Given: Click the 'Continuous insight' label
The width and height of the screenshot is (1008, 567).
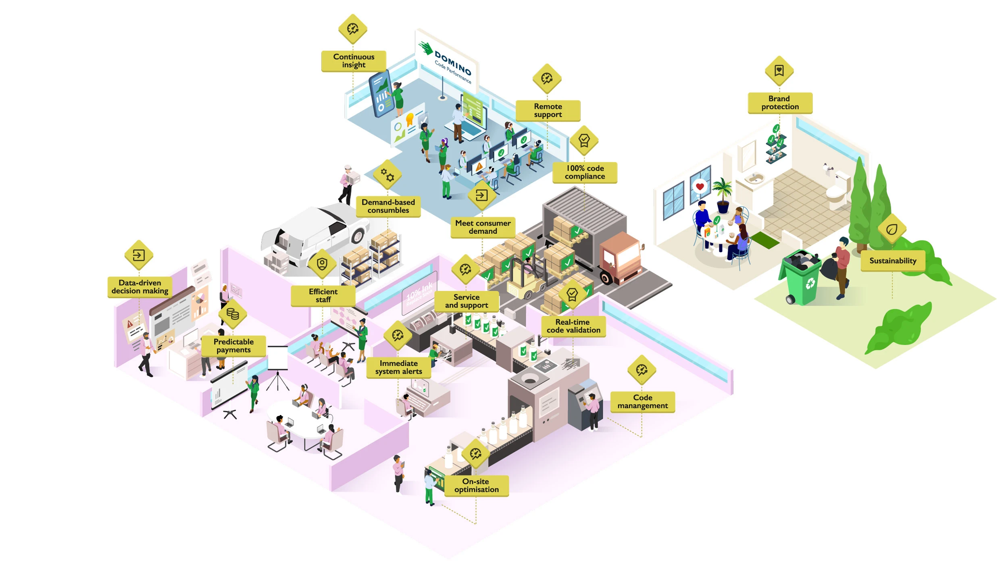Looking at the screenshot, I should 353,61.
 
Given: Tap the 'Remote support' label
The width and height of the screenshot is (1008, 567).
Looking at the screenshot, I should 548,110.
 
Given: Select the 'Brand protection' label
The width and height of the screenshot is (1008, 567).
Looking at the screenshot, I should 779,103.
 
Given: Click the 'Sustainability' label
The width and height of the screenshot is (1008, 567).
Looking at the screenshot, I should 892,261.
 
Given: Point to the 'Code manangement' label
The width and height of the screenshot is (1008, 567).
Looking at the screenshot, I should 642,402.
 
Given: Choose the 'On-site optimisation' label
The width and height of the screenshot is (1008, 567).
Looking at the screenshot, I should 476,486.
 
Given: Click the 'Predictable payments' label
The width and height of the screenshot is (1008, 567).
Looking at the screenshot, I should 233,346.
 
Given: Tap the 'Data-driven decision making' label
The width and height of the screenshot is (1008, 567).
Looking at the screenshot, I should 140,287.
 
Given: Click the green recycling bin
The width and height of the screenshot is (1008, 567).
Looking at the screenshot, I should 801,278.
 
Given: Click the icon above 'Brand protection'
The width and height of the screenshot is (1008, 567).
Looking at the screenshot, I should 779,71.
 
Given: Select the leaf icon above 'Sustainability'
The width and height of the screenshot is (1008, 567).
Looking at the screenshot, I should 892,229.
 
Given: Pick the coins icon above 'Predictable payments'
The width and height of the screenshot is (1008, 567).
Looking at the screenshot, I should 233,314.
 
